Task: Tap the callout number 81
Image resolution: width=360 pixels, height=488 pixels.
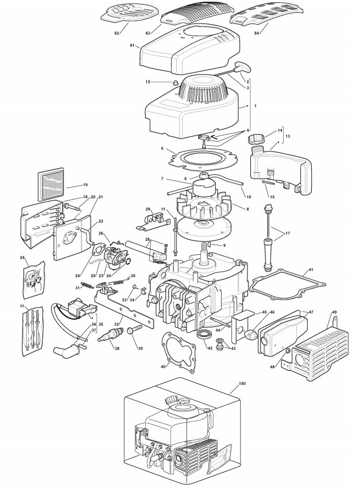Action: coord(132,45)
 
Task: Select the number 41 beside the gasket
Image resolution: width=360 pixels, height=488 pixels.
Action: coord(311,269)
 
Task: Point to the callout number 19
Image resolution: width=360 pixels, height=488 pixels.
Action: coord(84,185)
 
